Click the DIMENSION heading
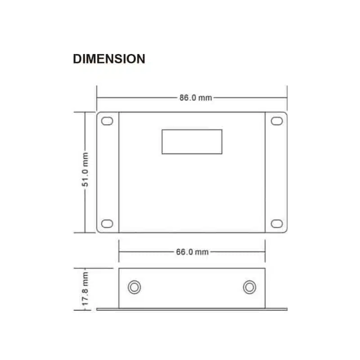pyautogui.click(x=109, y=59)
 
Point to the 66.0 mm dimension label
pyautogui.click(x=192, y=252)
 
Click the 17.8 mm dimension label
pyautogui.click(x=85, y=288)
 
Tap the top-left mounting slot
pyautogui.click(x=107, y=121)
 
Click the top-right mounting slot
pyautogui.click(x=277, y=121)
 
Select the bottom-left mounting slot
pyautogui.click(x=107, y=224)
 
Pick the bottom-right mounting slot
pyautogui.click(x=277, y=224)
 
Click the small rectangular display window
pyautogui.click(x=192, y=142)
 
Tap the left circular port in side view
pyautogui.click(x=134, y=287)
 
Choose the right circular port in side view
pyautogui.click(x=249, y=287)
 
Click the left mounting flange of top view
pyautogui.click(x=108, y=172)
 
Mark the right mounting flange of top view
pyautogui.click(x=276, y=172)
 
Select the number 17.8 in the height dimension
pyautogui.click(x=85, y=296)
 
